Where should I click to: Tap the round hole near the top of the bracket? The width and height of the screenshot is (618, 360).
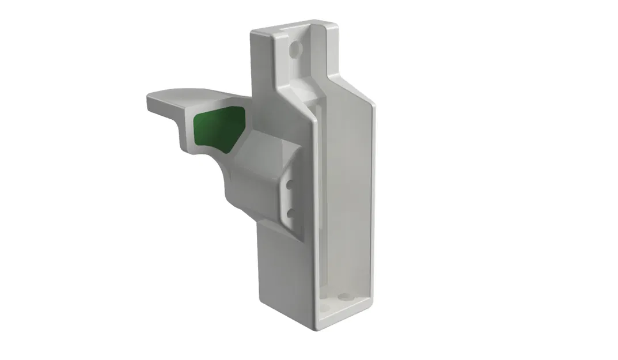click(x=295, y=50)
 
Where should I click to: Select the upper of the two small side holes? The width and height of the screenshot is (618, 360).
click(x=290, y=185)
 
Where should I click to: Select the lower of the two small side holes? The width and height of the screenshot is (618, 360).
click(x=290, y=213)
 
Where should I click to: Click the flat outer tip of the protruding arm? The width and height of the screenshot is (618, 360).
click(x=154, y=104)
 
